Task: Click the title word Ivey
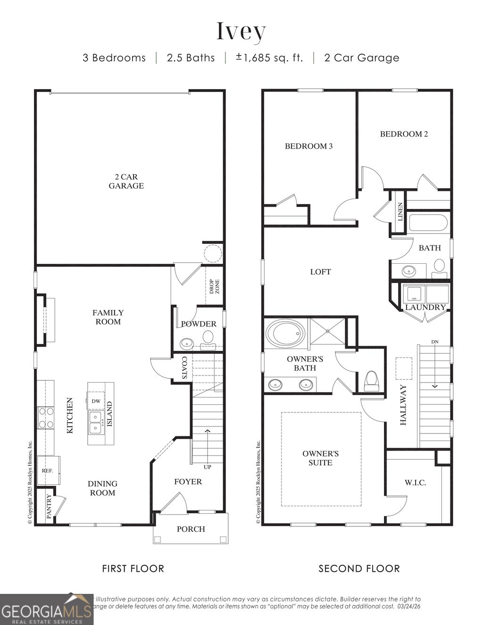(241, 31)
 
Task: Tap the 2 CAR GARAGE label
(126, 182)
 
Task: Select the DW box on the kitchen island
(96, 401)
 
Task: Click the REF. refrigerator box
(48, 470)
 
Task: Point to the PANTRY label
(49, 506)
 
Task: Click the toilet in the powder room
(208, 337)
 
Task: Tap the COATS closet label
(184, 368)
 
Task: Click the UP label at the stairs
(207, 467)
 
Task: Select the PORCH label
(191, 529)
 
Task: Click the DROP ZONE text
(214, 286)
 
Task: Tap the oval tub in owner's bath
(285, 333)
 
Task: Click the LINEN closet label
(400, 212)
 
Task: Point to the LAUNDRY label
(425, 307)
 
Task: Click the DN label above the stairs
(434, 342)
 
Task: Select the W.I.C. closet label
(415, 483)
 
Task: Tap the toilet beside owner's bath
(372, 381)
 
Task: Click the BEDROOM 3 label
(308, 146)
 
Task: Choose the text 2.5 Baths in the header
(191, 58)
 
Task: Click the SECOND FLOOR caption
(359, 568)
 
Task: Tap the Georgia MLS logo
(46, 609)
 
